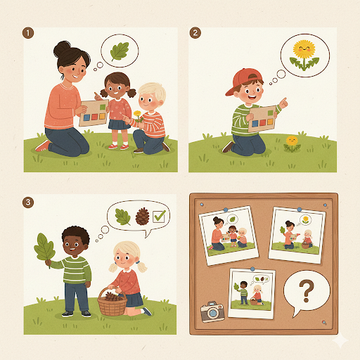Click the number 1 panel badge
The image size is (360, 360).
28,33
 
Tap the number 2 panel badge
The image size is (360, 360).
195,33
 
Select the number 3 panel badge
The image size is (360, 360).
28,202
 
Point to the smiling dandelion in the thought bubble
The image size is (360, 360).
304,56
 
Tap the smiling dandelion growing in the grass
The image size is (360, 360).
292,143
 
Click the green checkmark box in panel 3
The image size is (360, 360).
159,216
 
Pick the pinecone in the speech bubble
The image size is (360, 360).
142,217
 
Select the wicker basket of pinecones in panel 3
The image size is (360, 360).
112,302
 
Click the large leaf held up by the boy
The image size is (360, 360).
44,249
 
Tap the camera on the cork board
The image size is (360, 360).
212,311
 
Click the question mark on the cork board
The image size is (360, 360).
307,291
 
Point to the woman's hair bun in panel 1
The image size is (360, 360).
61,49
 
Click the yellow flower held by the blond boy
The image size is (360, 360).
138,116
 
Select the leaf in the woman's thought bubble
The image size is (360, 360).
120,51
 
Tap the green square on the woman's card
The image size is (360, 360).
103,108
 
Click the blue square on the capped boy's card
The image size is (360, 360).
255,124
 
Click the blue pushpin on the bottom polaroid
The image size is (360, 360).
252,269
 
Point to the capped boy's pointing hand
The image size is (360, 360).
283,103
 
